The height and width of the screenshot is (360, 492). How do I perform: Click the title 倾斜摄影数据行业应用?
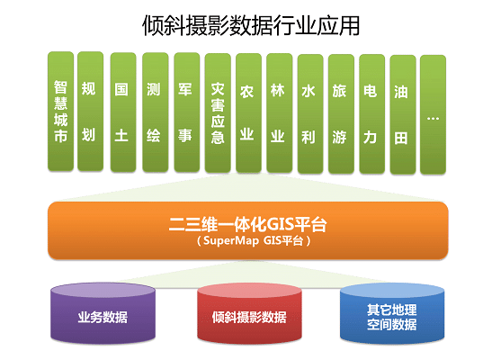(251, 26)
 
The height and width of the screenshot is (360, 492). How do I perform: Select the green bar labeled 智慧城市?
(60, 112)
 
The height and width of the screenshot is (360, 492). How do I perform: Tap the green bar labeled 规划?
(90, 112)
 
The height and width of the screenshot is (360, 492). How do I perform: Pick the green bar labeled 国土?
(123, 112)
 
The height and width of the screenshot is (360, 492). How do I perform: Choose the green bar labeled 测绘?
(156, 112)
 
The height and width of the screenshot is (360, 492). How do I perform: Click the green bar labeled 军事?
(187, 112)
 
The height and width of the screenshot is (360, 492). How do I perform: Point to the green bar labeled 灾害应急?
(218, 113)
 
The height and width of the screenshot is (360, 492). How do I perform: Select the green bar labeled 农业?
(248, 113)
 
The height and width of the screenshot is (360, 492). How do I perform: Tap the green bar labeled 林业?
(279, 113)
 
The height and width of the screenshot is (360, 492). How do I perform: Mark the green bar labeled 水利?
(310, 114)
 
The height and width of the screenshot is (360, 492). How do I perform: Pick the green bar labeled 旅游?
(341, 114)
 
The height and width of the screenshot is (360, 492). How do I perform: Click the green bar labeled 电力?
(371, 114)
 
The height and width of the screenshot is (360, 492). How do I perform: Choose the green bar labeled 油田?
(403, 114)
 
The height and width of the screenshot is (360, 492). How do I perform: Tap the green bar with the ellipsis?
(433, 114)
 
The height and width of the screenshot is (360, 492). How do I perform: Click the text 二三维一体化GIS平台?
(248, 224)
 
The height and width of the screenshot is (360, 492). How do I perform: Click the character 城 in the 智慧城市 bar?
(60, 120)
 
